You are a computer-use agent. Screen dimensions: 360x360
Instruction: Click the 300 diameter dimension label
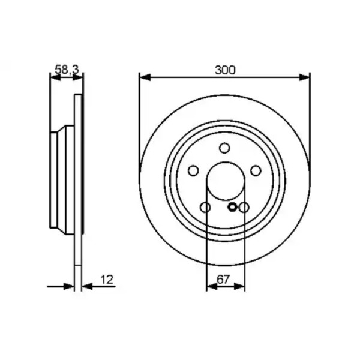(225, 70)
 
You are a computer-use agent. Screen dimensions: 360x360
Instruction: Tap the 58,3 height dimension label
(67, 70)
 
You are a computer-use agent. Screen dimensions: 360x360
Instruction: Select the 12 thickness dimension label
(107, 280)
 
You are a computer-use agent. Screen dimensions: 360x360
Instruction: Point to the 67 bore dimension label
(223, 280)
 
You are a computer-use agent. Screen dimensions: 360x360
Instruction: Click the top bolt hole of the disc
(224, 148)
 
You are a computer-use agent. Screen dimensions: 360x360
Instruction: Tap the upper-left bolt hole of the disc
(193, 170)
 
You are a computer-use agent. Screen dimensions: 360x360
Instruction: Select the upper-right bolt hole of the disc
(256, 170)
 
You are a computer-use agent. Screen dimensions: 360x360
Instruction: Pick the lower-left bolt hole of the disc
(205, 208)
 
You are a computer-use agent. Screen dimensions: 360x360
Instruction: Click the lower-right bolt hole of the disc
(244, 208)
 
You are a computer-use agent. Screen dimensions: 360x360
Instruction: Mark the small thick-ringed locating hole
(232, 207)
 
